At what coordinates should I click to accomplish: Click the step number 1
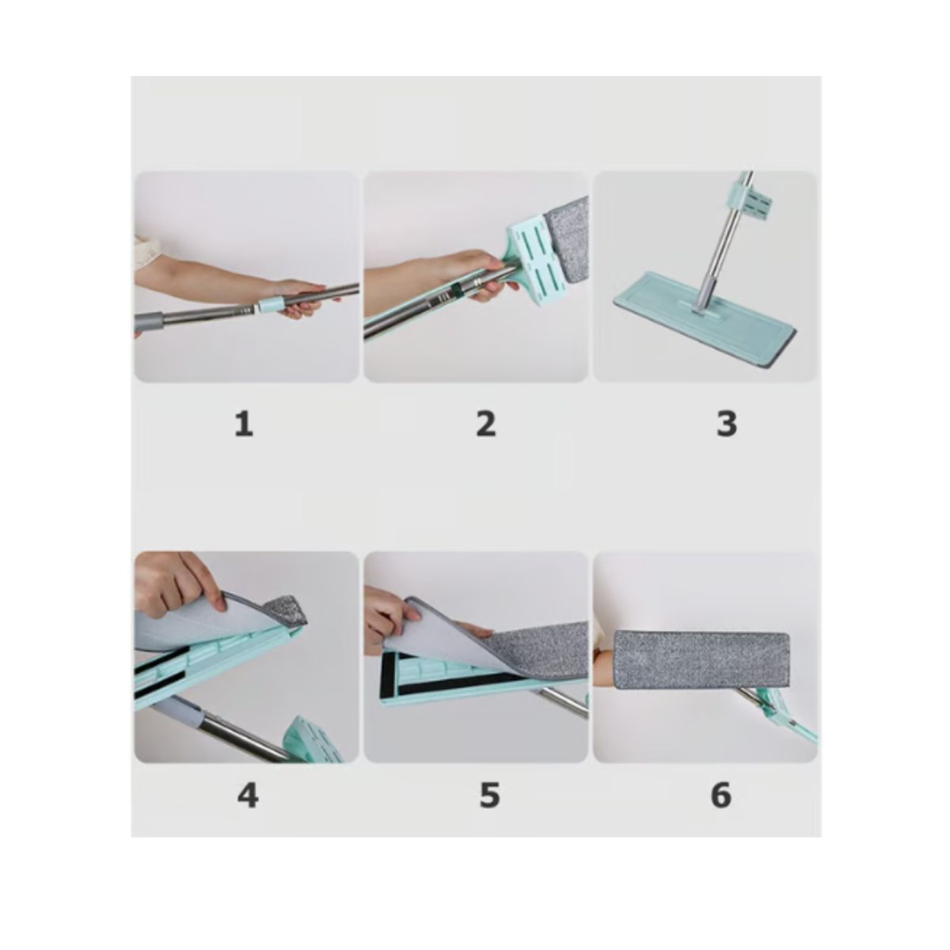244,424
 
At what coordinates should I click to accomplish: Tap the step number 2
485,424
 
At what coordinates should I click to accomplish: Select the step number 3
726,424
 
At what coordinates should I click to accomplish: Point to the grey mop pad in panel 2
568,241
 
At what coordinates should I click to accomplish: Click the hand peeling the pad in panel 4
180,585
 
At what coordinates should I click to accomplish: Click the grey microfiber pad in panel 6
701,659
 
